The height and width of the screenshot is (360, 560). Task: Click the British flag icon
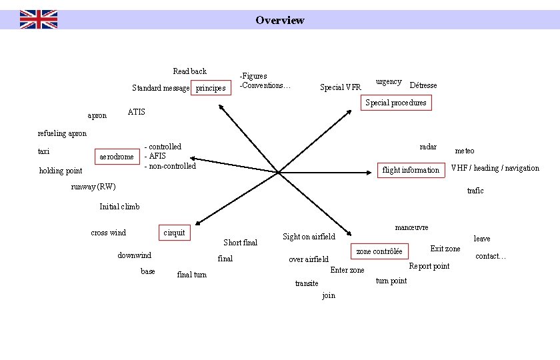(38, 19)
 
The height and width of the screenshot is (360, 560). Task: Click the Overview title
(279, 20)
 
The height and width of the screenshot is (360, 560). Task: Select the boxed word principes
(211, 88)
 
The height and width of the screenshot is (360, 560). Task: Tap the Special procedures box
(396, 103)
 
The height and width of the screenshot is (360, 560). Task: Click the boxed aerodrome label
(117, 157)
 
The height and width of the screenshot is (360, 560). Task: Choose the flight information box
(411, 170)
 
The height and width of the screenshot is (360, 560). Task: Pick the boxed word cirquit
(174, 233)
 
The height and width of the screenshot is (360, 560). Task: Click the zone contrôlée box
(379, 251)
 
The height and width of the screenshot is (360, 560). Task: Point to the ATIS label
(136, 111)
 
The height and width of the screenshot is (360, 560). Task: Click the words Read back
(189, 71)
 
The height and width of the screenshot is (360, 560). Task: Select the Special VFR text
(340, 87)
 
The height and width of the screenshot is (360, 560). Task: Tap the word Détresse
(423, 85)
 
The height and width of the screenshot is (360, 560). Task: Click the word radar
(428, 147)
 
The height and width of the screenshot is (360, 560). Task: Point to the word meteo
(465, 151)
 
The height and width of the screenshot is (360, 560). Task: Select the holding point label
(61, 171)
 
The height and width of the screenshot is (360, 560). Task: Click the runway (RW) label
(93, 187)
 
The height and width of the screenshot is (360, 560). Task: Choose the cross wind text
(108, 233)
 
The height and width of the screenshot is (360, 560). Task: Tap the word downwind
(134, 255)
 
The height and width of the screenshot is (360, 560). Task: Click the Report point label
(429, 266)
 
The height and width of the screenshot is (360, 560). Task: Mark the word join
(329, 295)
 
